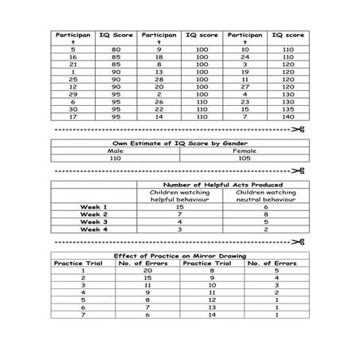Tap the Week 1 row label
click(x=95, y=207)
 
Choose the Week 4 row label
click(x=95, y=229)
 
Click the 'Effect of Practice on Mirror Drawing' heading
click(x=178, y=255)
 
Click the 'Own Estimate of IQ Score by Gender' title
click(x=178, y=142)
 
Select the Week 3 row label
click(x=95, y=222)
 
